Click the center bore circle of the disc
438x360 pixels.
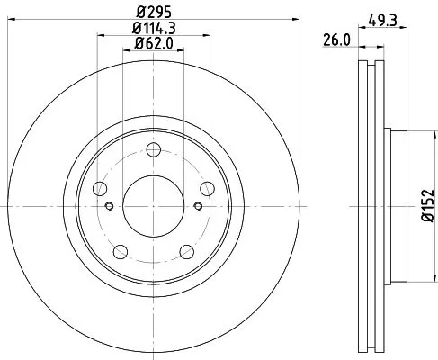click(x=152, y=205)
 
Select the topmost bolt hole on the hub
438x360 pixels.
click(x=152, y=150)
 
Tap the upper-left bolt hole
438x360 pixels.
click(x=100, y=188)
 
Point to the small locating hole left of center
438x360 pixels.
click(x=109, y=206)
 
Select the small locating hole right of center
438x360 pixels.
click(x=196, y=206)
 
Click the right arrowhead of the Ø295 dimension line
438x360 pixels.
click(x=285, y=20)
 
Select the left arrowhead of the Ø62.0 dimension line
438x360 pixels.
click(x=125, y=52)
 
